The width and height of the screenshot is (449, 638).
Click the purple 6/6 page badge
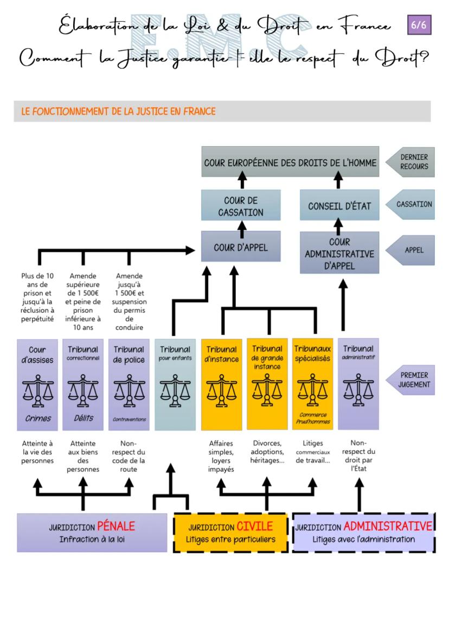(419, 25)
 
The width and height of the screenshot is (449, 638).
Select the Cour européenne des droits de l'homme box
(290, 162)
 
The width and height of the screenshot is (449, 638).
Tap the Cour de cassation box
(241, 206)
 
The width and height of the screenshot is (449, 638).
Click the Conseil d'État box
(339, 206)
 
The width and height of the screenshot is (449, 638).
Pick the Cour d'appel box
(241, 247)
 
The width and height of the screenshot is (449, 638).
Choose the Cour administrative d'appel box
(339, 254)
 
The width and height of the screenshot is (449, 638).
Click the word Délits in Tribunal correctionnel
(83, 418)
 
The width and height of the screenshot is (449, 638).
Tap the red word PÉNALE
(116, 526)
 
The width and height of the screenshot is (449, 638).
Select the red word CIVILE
(254, 526)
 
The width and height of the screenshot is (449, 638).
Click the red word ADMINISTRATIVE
(387, 526)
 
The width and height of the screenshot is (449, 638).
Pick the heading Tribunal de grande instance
(267, 357)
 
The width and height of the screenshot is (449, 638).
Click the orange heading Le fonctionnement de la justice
(118, 111)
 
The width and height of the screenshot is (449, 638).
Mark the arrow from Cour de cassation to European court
(242, 181)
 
